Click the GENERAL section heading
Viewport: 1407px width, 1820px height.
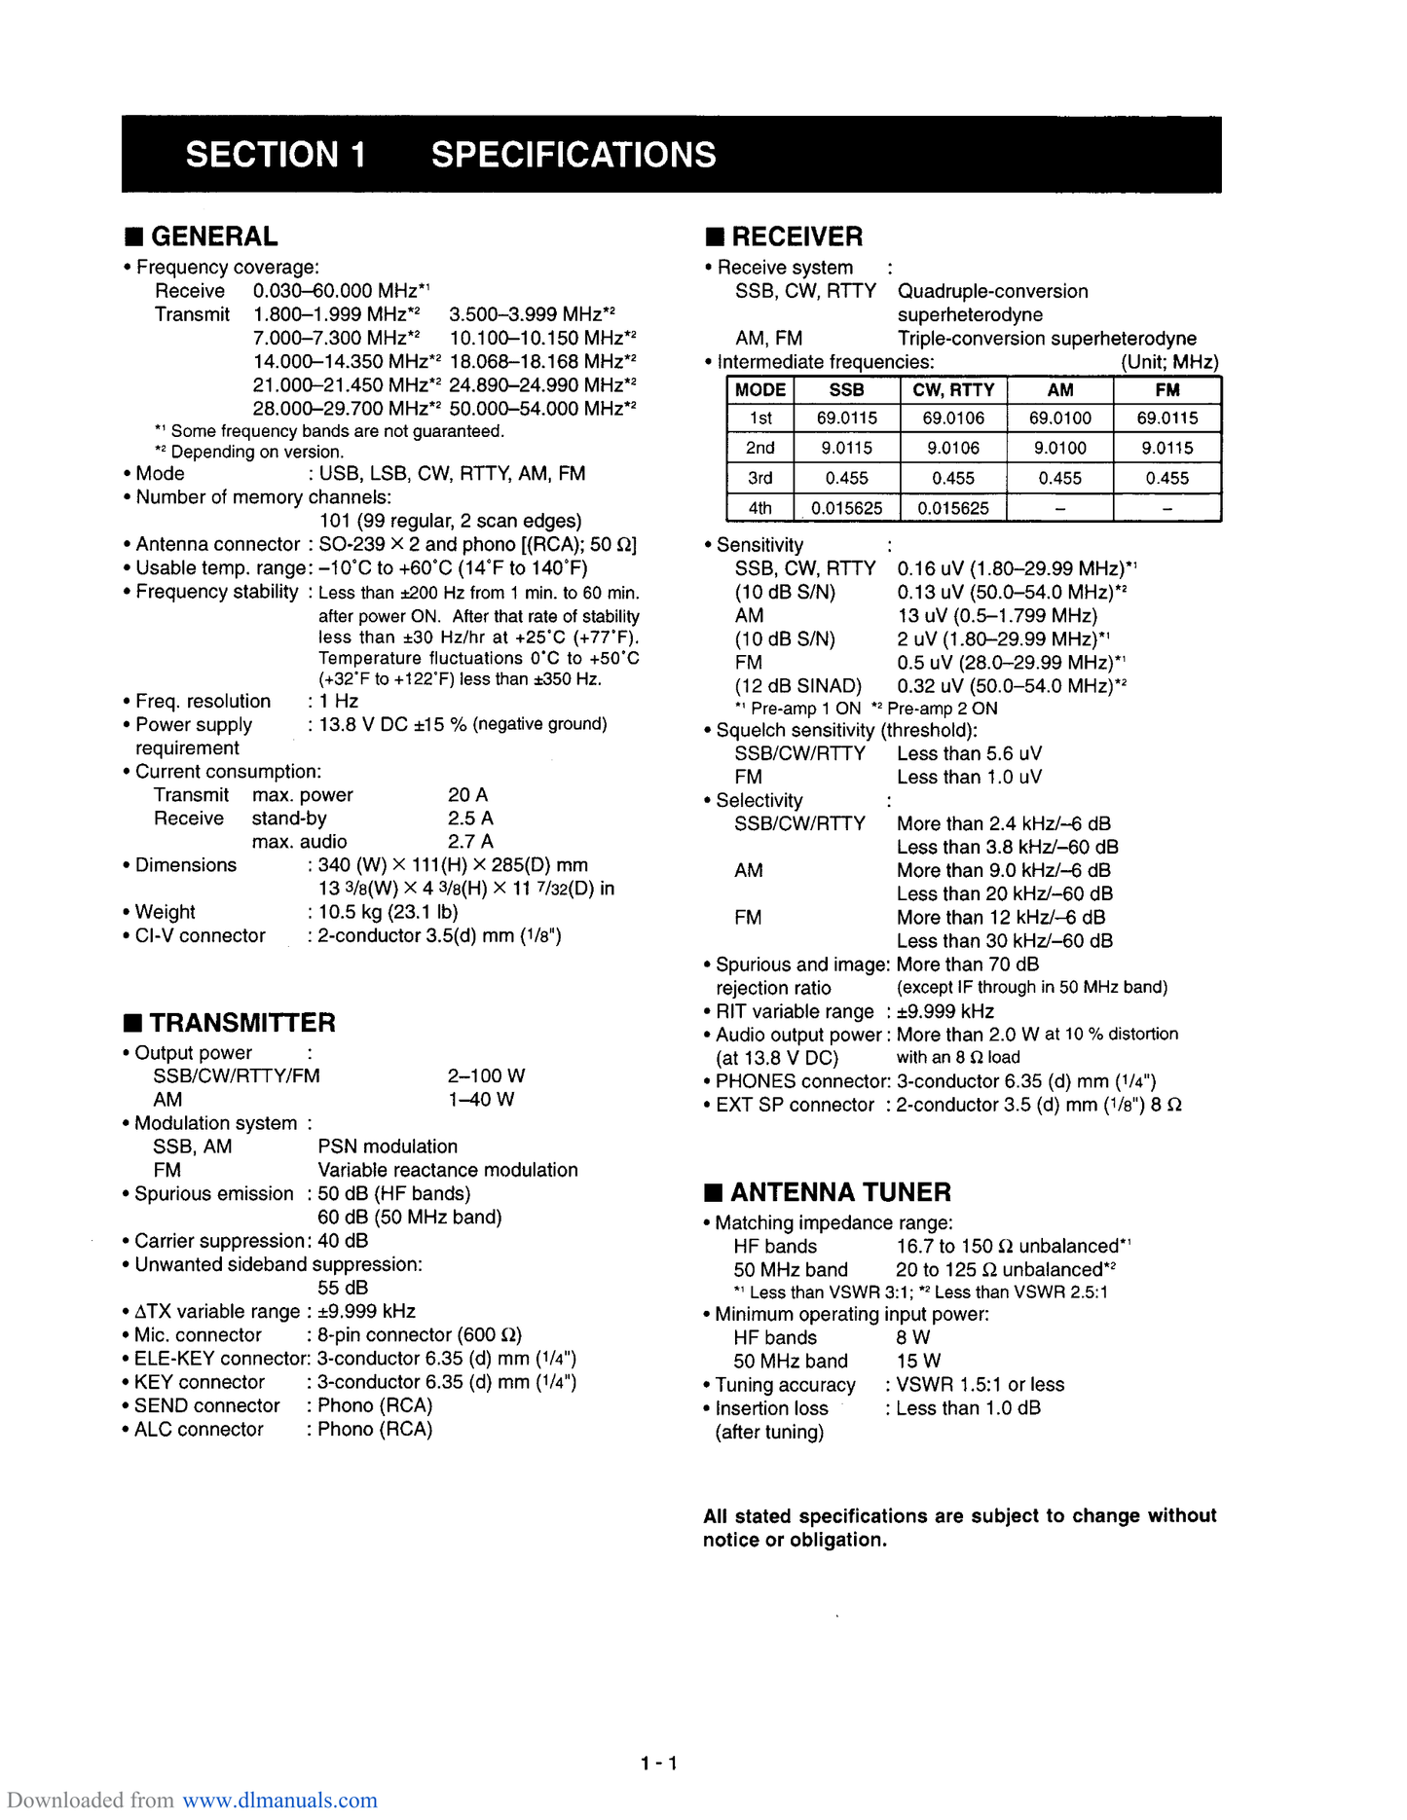click(213, 237)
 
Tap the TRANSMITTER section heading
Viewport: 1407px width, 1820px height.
click(241, 1023)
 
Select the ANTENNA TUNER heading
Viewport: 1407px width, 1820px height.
click(840, 1192)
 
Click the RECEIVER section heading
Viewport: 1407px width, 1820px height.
click(796, 237)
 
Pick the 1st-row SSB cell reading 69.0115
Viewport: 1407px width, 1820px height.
click(846, 419)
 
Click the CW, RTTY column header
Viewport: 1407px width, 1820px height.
click(953, 390)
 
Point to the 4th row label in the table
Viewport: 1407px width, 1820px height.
click(759, 508)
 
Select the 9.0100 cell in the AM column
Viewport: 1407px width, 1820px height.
click(1059, 448)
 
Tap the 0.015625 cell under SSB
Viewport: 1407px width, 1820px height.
click(846, 508)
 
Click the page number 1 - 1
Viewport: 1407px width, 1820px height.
click(659, 1763)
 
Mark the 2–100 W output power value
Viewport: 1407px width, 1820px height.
click(486, 1075)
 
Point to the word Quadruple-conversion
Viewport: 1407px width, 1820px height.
click(992, 291)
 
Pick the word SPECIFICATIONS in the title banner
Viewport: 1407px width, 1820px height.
click(574, 155)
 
